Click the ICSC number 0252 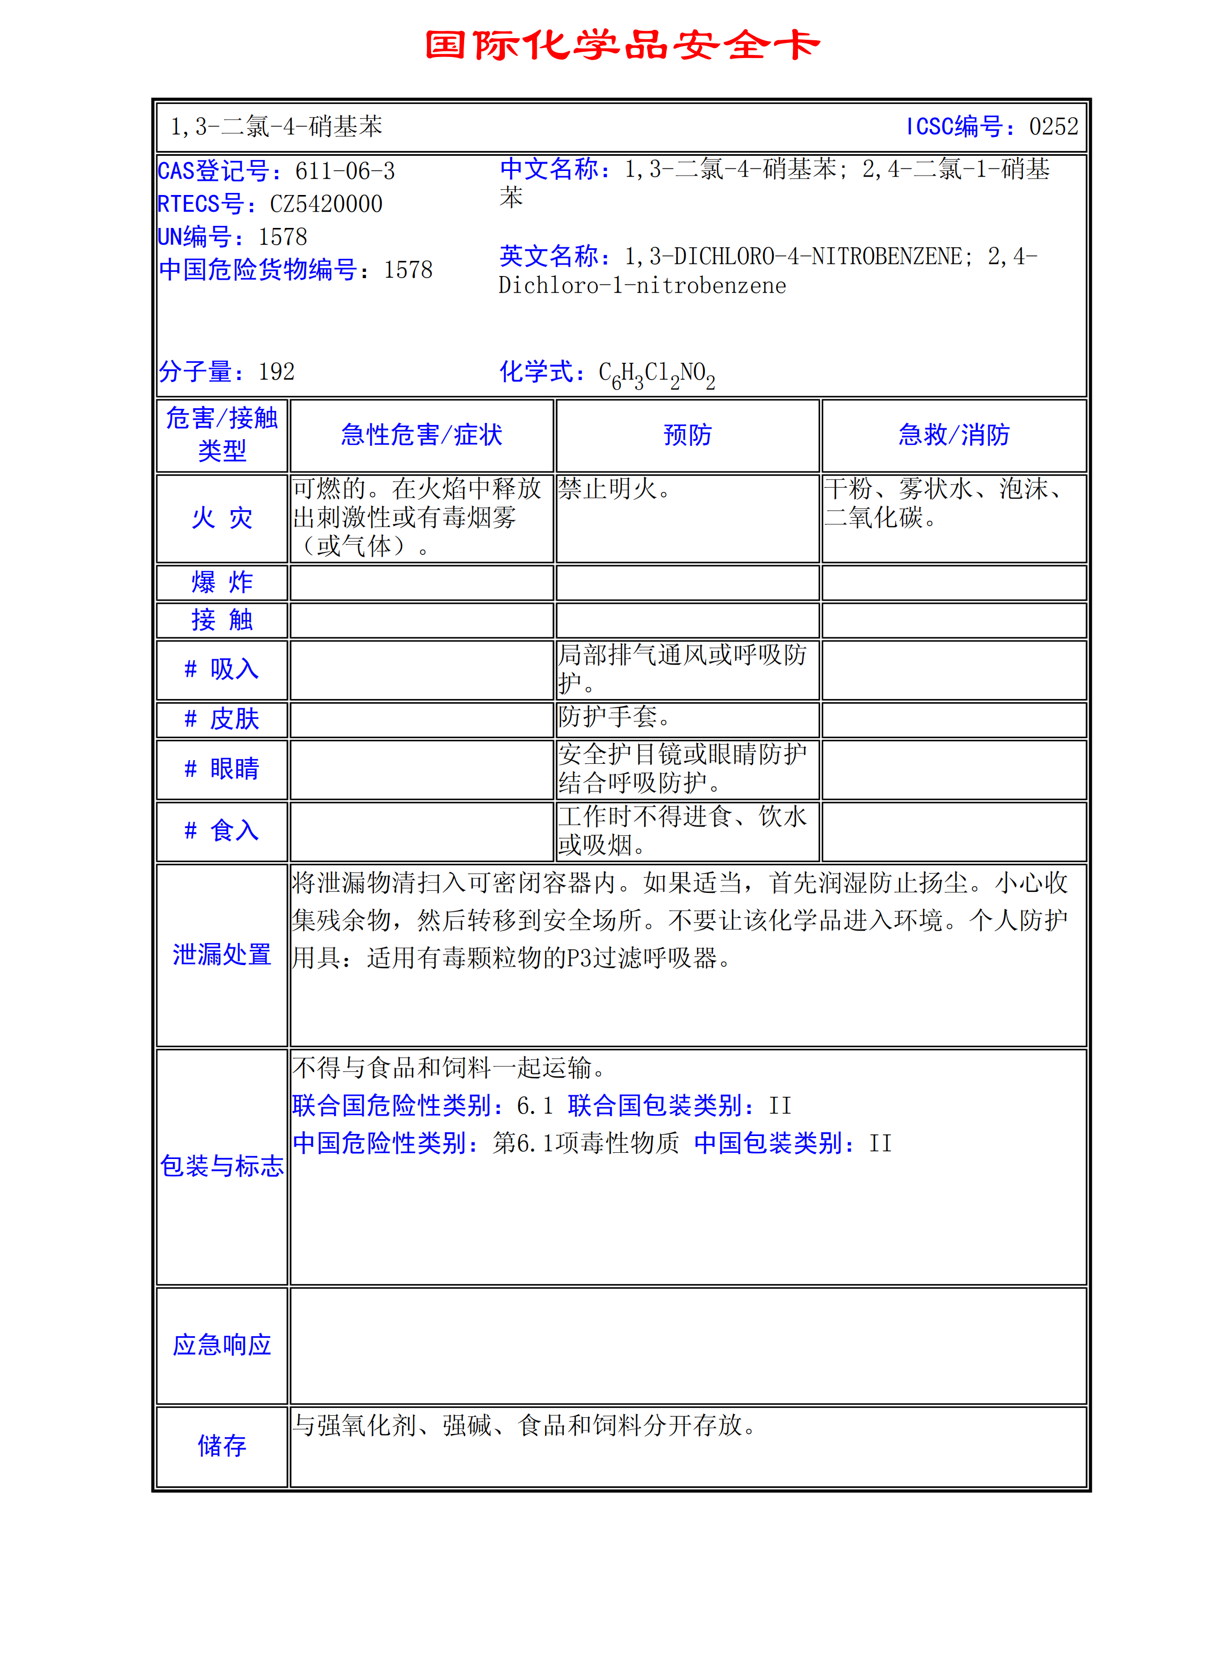tap(1053, 127)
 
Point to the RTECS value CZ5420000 tap(326, 204)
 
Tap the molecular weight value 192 tap(276, 371)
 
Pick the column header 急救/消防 tap(954, 435)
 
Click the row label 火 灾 tap(222, 518)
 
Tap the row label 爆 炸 tap(222, 582)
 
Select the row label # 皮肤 tap(222, 719)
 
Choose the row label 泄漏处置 tap(222, 955)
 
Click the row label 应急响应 tap(222, 1345)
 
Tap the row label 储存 tap(222, 1445)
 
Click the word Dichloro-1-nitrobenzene tap(642, 286)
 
